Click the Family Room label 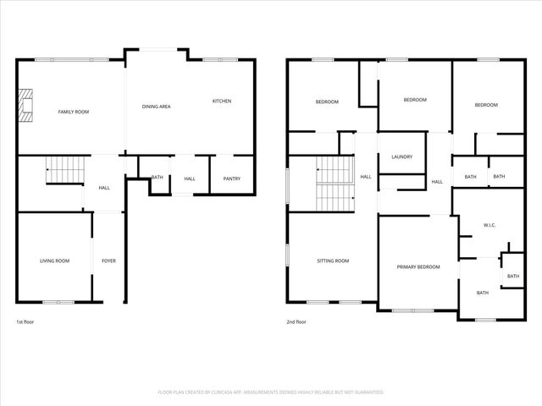(x=73, y=112)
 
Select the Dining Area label (x=157, y=107)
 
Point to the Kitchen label (x=222, y=101)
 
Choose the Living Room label (x=54, y=261)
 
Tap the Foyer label (x=108, y=261)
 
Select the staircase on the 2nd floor (x=333, y=185)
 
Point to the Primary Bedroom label (x=418, y=267)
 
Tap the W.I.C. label (x=489, y=226)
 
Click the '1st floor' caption (x=25, y=322)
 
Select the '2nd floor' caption (x=296, y=322)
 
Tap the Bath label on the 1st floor (x=158, y=178)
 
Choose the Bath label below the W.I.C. (x=482, y=294)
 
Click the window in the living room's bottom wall (x=58, y=302)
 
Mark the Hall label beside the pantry (x=190, y=178)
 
